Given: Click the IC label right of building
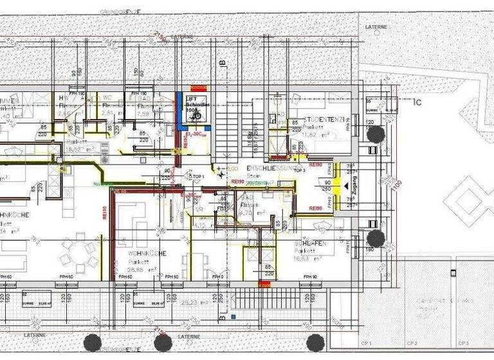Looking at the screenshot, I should click(417, 102).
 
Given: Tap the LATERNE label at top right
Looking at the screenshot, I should click(376, 28).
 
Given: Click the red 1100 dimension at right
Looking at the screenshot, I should click(398, 184).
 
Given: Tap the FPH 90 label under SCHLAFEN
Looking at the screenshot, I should click(311, 276).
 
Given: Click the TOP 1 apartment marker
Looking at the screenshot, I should click(196, 175).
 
